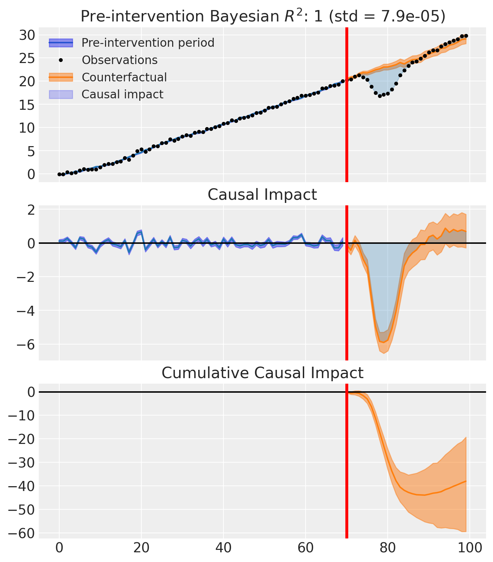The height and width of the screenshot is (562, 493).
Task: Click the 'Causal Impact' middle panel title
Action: pyautogui.click(x=262, y=195)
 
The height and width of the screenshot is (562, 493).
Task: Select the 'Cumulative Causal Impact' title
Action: pyautogui.click(x=262, y=373)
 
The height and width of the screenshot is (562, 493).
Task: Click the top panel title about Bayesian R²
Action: pyautogui.click(x=262, y=16)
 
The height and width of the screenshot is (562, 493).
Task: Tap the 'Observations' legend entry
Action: pyautogui.click(x=120, y=60)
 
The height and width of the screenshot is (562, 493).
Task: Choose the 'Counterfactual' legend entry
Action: pyautogui.click(x=124, y=77)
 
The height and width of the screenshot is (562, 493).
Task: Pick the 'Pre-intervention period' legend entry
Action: pyautogui.click(x=148, y=43)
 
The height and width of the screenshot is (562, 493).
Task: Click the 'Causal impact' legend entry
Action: pyautogui.click(x=122, y=94)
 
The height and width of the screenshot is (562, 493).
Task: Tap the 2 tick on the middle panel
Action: pyautogui.click(x=30, y=210)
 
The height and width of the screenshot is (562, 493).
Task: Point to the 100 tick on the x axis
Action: pyautogui.click(x=470, y=548)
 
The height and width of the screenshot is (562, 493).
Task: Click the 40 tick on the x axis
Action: pyautogui.click(x=223, y=548)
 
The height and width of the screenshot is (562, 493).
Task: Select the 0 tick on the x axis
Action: pyautogui.click(x=59, y=548)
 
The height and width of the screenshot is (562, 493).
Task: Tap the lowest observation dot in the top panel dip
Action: pyautogui.click(x=380, y=96)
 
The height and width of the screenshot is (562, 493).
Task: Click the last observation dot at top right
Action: pyautogui.click(x=466, y=36)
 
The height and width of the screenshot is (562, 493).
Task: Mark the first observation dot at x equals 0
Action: pyautogui.click(x=59, y=174)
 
